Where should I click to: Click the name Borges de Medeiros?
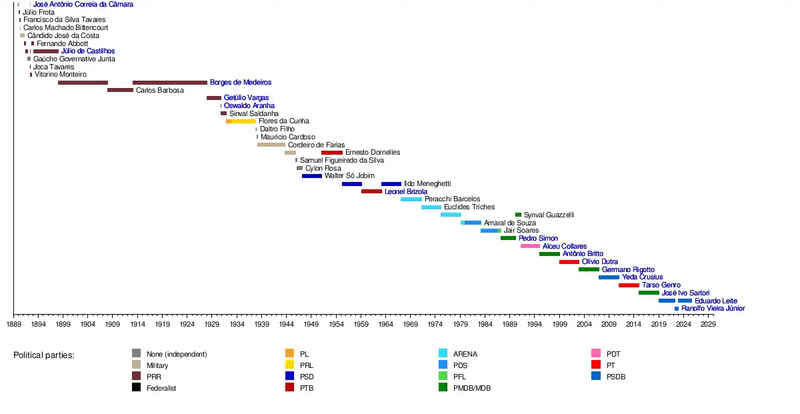coord(241,83)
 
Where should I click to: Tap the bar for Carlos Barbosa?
coord(120,90)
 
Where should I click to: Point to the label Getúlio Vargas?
coord(246,98)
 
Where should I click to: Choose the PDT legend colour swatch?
coord(595,353)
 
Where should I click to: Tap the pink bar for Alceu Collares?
coord(530,246)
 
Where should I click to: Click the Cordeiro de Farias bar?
coord(271,145)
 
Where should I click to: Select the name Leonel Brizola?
coord(406,191)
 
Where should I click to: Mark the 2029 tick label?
coord(708,324)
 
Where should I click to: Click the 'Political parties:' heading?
coord(44,355)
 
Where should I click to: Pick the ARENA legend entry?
coord(465,354)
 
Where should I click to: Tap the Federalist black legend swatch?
coord(136,387)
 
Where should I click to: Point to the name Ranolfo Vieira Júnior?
coord(713,309)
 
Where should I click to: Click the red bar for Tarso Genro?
coord(629,285)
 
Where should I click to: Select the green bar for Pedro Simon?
coord(508,238)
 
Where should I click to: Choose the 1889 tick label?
coord(13,324)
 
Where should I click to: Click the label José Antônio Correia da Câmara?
coord(83,5)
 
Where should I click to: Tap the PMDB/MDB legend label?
coord(471,388)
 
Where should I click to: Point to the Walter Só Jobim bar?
coord(311,176)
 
